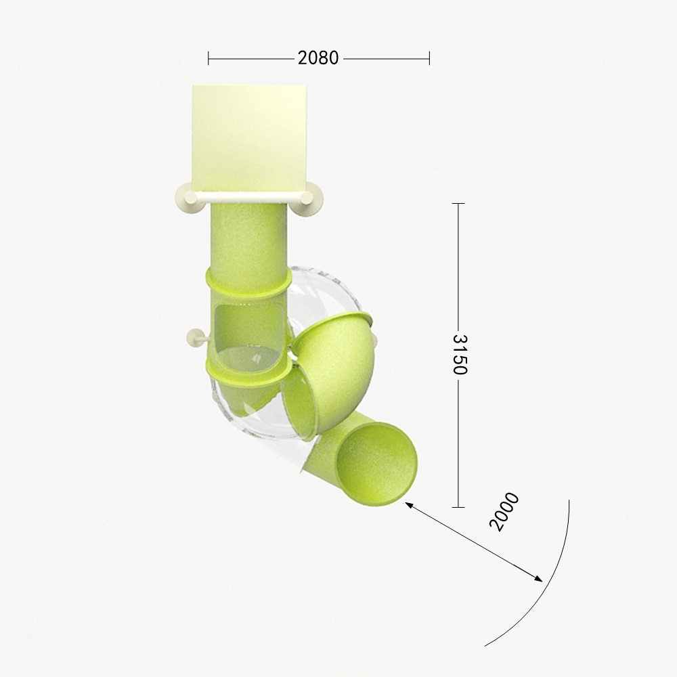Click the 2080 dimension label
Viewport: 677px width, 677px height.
pyautogui.click(x=318, y=58)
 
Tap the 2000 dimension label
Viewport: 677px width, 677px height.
pyautogui.click(x=504, y=511)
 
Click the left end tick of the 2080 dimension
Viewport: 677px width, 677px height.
pyautogui.click(x=209, y=58)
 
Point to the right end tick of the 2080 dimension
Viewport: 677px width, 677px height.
pyautogui.click(x=429, y=58)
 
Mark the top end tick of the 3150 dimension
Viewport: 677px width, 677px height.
pyautogui.click(x=458, y=203)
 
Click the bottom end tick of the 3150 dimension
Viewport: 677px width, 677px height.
pyautogui.click(x=458, y=507)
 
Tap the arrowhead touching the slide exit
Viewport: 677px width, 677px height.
pyautogui.click(x=408, y=505)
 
